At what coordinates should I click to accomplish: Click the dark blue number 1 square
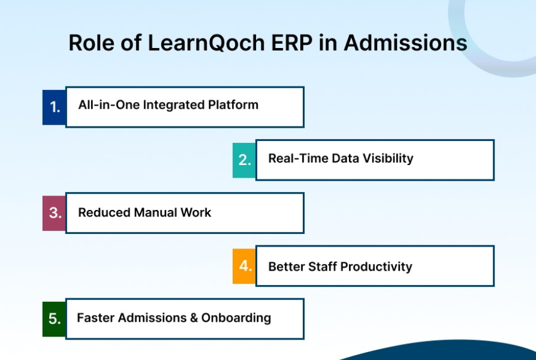point(54,107)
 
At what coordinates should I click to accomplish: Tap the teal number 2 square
point(244,160)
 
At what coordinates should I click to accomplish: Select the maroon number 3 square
point(54,213)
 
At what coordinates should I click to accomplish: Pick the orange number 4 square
point(244,266)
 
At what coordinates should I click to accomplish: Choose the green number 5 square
point(54,319)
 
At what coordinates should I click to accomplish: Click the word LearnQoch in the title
point(206,43)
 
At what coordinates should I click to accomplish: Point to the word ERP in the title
point(291,43)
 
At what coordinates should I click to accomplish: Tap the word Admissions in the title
point(405,43)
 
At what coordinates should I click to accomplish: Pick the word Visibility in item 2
point(388,158)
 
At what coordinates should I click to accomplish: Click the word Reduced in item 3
point(104,212)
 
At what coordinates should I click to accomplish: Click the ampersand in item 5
point(194,318)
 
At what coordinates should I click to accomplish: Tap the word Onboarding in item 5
point(236,318)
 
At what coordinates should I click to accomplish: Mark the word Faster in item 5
point(96,318)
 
